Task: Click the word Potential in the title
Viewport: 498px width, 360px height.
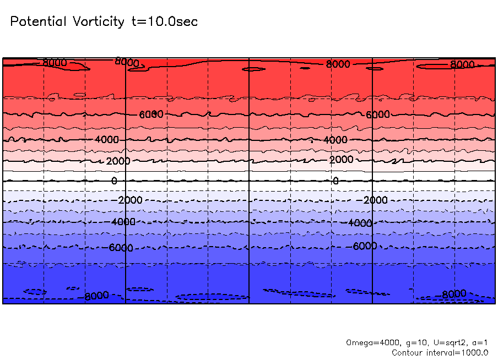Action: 37,22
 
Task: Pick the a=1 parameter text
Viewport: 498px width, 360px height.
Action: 479,342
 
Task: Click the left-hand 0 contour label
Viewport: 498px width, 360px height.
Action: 115,181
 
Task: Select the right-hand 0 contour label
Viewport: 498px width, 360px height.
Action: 335,181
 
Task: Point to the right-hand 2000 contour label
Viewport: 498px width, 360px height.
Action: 341,160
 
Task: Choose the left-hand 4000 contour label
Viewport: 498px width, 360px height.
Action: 106,140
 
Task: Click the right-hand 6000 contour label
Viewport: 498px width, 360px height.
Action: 378,114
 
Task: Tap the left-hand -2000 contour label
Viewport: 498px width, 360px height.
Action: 130,200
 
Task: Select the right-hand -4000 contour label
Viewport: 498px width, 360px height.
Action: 360,223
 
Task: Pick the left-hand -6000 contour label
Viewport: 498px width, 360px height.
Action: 121,248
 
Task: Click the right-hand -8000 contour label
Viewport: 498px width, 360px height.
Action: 454,293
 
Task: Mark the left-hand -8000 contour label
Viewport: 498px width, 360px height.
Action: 96,296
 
